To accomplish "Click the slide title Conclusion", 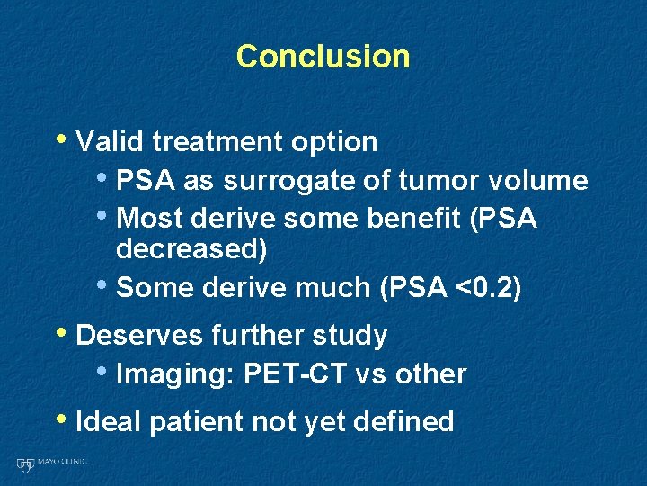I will click(323, 57).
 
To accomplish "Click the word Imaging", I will click(171, 374).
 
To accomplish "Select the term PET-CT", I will click(299, 374).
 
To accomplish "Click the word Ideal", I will click(109, 421).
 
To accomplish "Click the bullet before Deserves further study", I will click(63, 334).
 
